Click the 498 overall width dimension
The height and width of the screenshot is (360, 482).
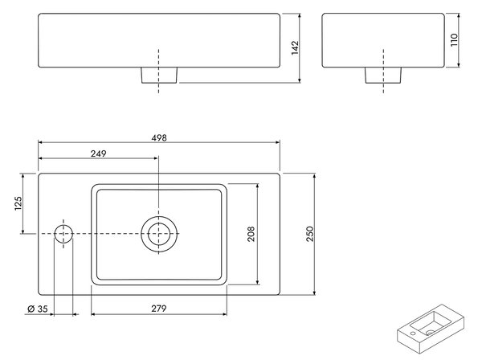coord(159,137)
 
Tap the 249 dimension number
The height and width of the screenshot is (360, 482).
coord(98,153)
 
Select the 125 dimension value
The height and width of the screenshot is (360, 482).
coord(18,203)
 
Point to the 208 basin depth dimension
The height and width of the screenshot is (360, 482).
coord(251,234)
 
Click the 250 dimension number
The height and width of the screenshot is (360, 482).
coord(310,234)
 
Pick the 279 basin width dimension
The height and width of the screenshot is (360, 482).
coord(158,308)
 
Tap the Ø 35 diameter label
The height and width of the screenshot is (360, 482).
coord(38,309)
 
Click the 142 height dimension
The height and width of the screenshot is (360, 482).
coord(295,47)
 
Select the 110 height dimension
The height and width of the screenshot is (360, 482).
coord(454,40)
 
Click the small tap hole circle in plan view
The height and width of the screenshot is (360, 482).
coord(63,234)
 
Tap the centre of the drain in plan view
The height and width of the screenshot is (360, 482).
coord(158,234)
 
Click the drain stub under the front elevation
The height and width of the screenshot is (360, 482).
coord(159,75)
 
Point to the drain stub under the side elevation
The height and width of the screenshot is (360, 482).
coord(383,75)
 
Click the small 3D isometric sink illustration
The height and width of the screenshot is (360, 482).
coord(431,329)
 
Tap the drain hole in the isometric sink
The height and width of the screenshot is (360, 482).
coord(430,333)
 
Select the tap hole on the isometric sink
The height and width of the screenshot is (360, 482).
coord(413,333)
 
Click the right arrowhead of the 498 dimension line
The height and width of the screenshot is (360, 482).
coord(278,142)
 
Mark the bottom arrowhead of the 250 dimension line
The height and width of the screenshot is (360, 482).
coord(314,292)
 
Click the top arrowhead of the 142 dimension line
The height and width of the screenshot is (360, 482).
coord(300,16)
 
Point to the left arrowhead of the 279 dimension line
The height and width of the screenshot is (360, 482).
coord(94,314)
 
